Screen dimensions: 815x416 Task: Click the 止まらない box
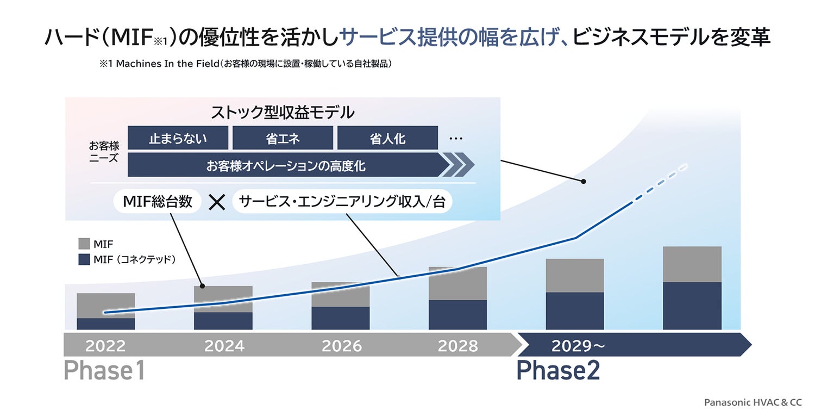(178, 138)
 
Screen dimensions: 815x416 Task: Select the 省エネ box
(283, 138)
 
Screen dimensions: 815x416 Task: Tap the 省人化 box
(387, 138)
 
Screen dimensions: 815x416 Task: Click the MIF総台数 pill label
(158, 201)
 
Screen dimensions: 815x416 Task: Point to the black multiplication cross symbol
(217, 202)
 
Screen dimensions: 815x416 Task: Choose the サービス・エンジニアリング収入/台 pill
(342, 201)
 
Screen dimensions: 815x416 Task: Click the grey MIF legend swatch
(84, 244)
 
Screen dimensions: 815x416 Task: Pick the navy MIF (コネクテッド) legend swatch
(84, 259)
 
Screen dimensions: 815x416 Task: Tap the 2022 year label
(105, 346)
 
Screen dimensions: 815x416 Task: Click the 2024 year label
(224, 346)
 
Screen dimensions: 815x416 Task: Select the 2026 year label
(342, 346)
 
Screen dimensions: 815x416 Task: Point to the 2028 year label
(457, 346)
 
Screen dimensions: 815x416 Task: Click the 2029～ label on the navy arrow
(578, 346)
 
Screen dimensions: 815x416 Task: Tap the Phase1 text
(104, 370)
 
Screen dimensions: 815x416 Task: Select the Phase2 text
(558, 370)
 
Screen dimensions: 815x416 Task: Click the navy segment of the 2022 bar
(105, 324)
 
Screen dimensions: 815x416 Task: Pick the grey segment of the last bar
(692, 264)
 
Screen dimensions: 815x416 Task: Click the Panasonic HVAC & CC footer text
(753, 402)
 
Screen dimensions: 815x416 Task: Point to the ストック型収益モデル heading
(283, 112)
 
